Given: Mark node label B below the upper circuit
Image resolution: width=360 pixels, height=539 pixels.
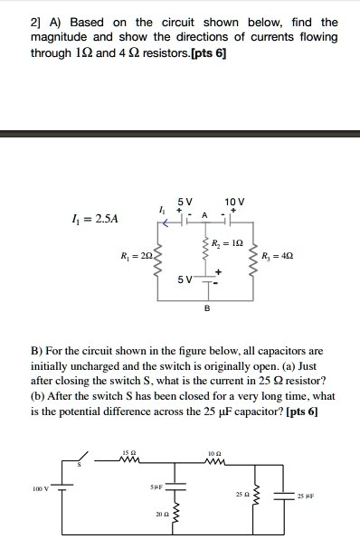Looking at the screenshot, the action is [x=206, y=308].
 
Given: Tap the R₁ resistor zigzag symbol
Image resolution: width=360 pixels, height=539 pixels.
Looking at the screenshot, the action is [x=160, y=263].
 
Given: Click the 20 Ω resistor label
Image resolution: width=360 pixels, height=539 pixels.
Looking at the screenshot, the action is [x=159, y=515].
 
